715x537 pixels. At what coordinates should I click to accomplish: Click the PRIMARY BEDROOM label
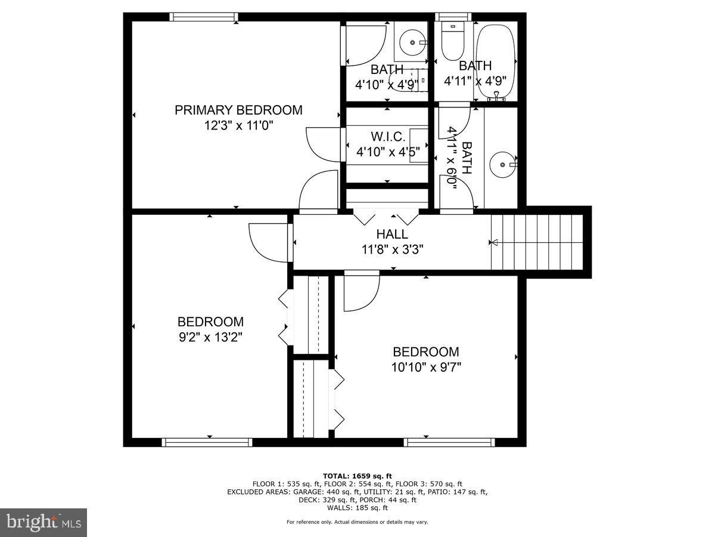click(238, 110)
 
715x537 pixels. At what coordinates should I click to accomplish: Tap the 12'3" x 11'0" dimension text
click(238, 126)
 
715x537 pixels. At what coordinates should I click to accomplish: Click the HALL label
click(392, 234)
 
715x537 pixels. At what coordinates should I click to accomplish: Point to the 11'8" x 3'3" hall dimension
click(392, 249)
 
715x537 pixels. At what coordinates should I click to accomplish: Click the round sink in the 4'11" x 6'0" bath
click(502, 163)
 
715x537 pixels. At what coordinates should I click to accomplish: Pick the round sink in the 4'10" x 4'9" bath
click(412, 42)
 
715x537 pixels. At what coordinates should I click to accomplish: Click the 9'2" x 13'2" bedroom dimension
click(210, 337)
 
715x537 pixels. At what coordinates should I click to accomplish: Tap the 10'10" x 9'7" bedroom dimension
click(426, 367)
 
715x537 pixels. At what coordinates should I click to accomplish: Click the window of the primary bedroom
click(204, 17)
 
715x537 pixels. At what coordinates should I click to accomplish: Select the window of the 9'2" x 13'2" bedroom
click(207, 442)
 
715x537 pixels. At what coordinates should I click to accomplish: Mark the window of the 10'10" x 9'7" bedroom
click(449, 442)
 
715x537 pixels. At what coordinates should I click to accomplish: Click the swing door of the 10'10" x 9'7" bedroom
click(362, 291)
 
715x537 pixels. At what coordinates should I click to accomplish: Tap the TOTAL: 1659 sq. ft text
click(357, 476)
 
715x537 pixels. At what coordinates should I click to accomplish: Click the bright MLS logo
click(43, 523)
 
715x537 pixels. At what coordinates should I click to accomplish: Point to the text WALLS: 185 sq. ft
click(357, 508)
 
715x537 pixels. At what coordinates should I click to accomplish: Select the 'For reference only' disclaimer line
click(357, 522)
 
